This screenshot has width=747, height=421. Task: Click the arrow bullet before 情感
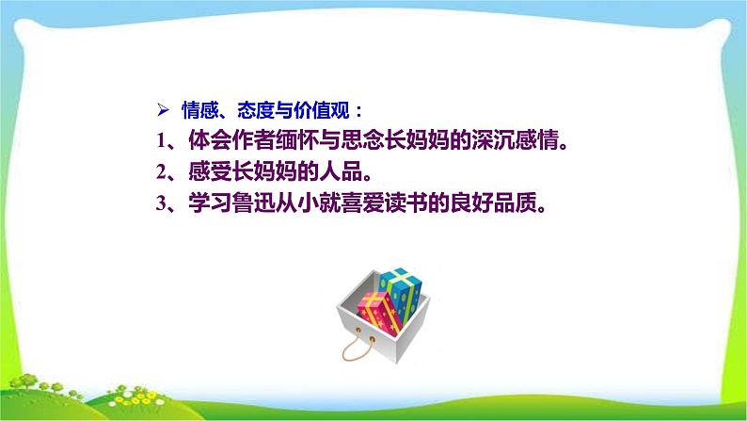161,108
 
